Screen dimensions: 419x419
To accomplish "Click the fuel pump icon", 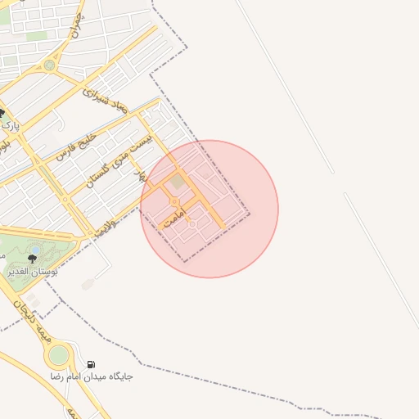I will click(90, 364).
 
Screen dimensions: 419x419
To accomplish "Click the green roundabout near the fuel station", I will click(58, 355).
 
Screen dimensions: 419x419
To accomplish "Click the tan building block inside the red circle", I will click(178, 181).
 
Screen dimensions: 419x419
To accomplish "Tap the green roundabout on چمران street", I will click(49, 65).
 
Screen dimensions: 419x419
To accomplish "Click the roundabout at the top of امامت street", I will click(174, 201).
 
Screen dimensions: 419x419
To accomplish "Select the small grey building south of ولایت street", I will click(88, 284).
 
